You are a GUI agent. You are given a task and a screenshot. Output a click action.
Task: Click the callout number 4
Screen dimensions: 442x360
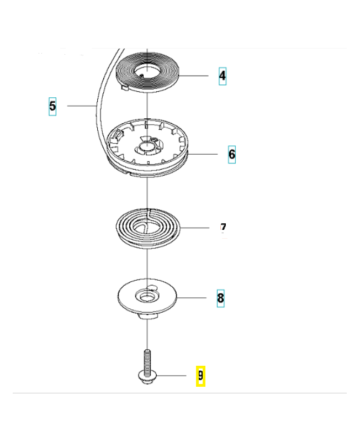222,75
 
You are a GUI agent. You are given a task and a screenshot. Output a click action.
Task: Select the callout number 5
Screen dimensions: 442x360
52,106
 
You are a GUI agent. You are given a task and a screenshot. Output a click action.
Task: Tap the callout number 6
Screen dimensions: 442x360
231,154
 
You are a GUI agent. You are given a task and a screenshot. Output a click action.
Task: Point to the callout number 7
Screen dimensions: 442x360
223,228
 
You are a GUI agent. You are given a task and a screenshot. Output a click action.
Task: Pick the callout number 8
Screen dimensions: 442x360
220,298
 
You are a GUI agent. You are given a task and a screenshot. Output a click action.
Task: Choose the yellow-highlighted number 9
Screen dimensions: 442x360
200,376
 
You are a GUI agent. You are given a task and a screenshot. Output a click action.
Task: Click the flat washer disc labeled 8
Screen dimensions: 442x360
130,301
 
